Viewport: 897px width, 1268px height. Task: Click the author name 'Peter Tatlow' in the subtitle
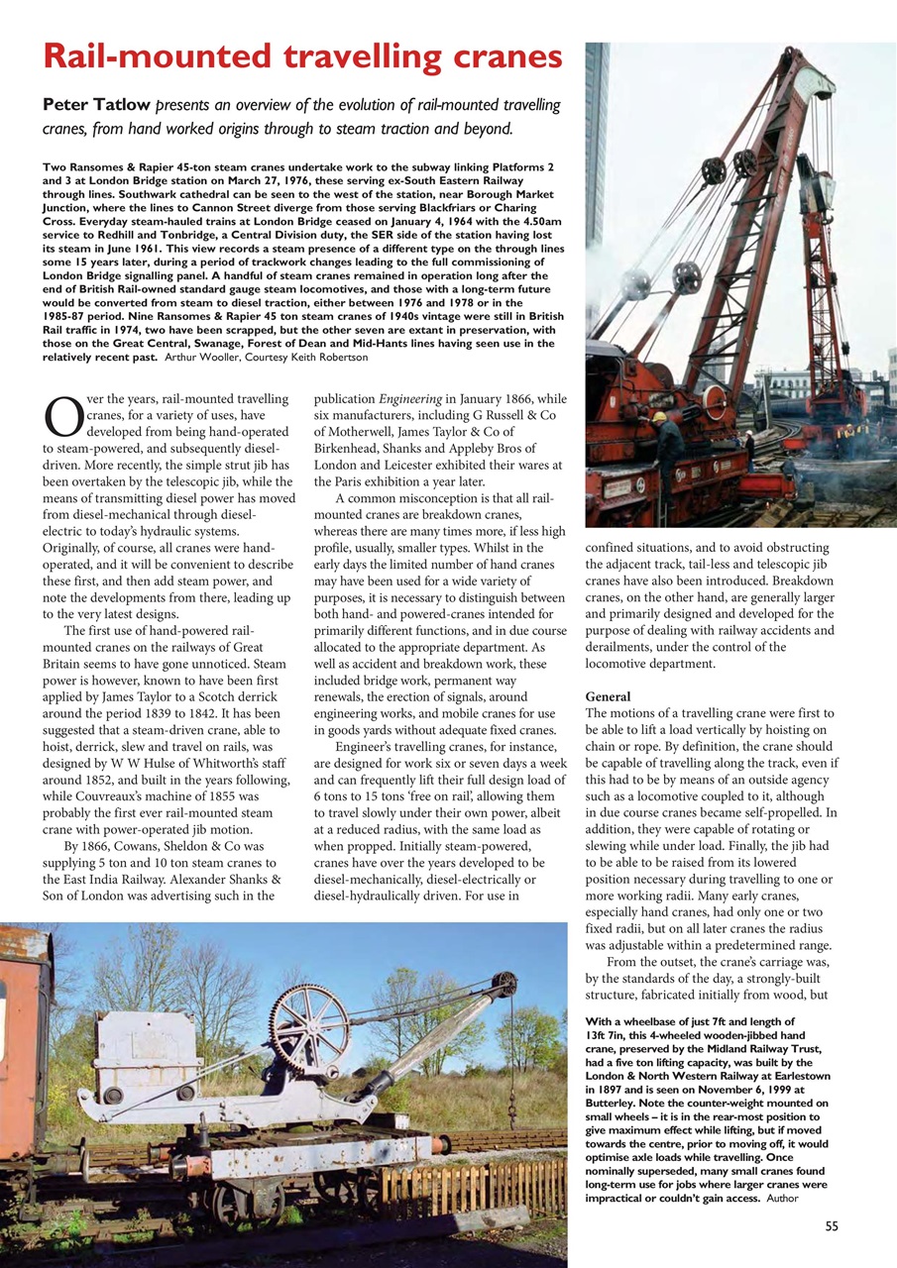click(90, 105)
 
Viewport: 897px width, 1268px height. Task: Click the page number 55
click(831, 1226)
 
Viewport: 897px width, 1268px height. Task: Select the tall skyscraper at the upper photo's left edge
click(597, 149)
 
